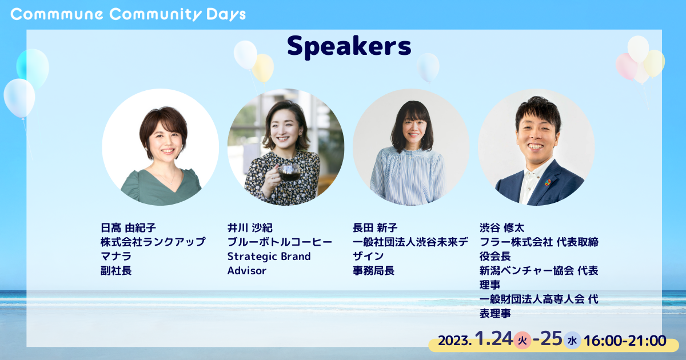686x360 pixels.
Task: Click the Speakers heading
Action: pos(349,46)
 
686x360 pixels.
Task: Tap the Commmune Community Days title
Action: pos(128,15)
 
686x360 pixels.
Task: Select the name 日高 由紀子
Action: pos(128,228)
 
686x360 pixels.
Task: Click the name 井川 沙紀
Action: pos(250,228)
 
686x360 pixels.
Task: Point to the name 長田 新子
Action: pos(375,228)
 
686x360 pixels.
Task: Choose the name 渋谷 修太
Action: pos(502,228)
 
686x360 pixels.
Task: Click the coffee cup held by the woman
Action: pos(288,173)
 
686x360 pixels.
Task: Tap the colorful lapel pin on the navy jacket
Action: pos(548,183)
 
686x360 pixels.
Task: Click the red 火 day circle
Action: pos(523,341)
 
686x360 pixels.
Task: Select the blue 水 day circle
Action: pos(572,341)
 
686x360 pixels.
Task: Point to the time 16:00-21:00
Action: pos(625,341)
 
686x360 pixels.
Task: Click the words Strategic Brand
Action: pos(269,257)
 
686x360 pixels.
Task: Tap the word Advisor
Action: pos(247,271)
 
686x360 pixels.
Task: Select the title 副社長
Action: pos(116,271)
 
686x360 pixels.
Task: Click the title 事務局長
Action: pos(374,271)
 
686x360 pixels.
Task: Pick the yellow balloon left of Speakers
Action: pos(263,68)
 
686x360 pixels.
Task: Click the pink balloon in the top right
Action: pos(627,66)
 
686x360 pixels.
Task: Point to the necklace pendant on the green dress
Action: pos(171,183)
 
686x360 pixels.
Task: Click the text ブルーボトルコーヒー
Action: pos(280,242)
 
